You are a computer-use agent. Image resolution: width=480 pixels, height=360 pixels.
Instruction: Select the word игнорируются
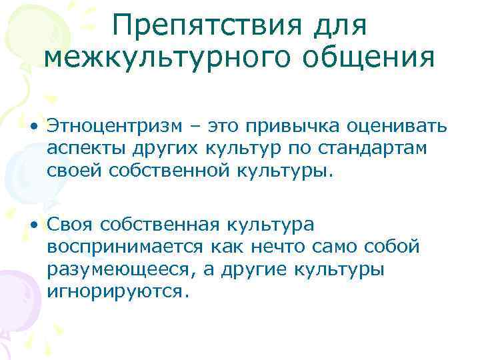pos(113,291)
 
